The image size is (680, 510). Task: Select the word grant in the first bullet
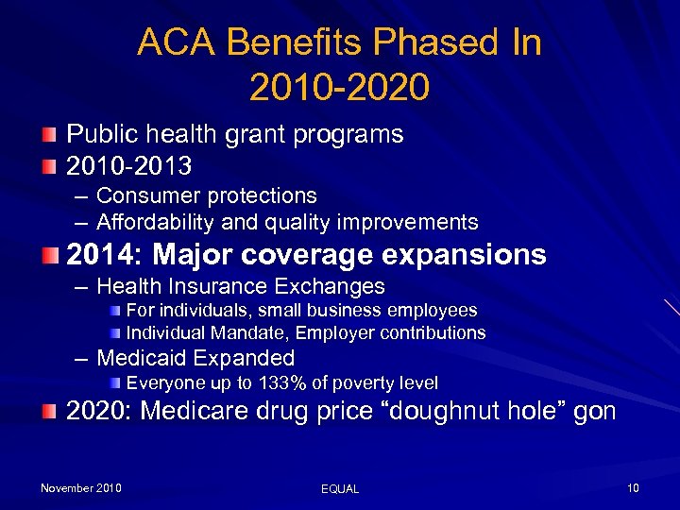click(x=276, y=135)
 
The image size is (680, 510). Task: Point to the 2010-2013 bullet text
click(x=128, y=167)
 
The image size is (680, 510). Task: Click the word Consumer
click(x=144, y=195)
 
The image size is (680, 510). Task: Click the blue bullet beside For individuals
click(x=114, y=311)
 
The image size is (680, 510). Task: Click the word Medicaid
click(x=144, y=358)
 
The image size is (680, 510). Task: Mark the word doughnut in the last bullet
click(x=472, y=412)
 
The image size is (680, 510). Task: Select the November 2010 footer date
click(x=80, y=488)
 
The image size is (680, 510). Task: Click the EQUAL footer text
click(x=340, y=489)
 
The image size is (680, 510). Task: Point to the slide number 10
click(x=633, y=488)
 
